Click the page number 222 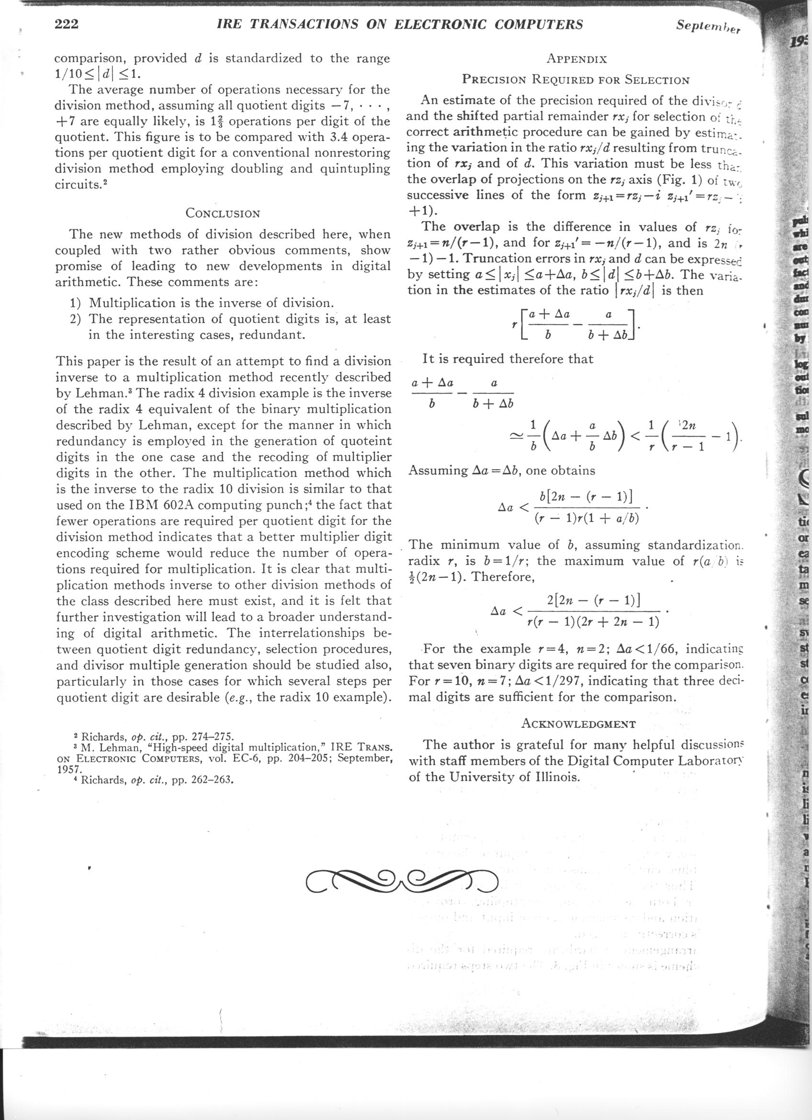point(67,24)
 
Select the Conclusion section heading point(223,214)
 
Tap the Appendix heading point(576,59)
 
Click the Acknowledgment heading point(578,724)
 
